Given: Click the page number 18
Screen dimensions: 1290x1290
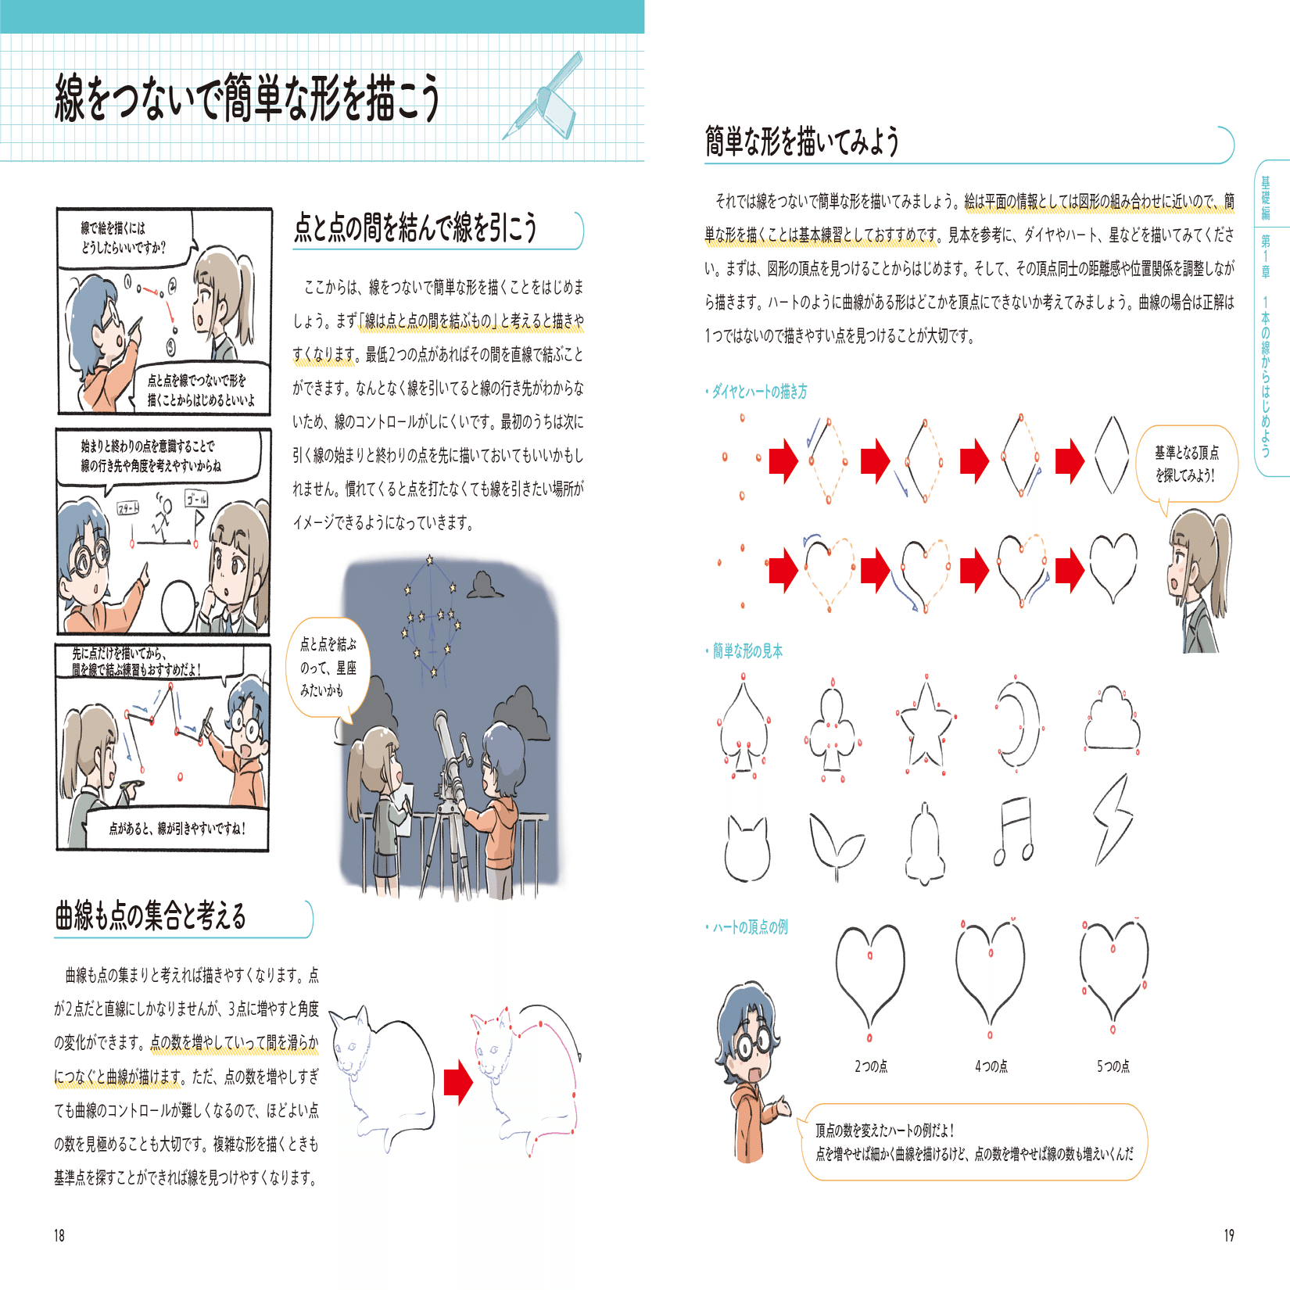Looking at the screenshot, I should (59, 1235).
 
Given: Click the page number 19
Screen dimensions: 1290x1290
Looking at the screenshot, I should (1229, 1235).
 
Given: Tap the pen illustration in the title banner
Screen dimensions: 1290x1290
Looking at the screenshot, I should (544, 97).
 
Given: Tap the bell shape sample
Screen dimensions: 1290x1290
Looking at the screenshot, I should (926, 844).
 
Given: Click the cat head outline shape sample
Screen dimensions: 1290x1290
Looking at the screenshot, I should (746, 848).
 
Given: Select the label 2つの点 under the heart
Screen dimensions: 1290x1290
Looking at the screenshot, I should (870, 1066).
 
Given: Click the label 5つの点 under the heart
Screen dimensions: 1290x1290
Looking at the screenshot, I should (1113, 1066).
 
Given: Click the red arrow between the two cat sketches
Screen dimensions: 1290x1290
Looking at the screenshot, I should (458, 1082).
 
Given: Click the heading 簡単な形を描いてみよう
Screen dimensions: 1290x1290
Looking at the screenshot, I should (802, 142).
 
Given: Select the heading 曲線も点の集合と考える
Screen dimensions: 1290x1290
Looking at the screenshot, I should (150, 916).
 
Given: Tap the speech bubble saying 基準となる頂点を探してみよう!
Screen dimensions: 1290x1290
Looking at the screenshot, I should (1186, 464).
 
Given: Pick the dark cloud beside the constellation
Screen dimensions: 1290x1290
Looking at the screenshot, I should (485, 584).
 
